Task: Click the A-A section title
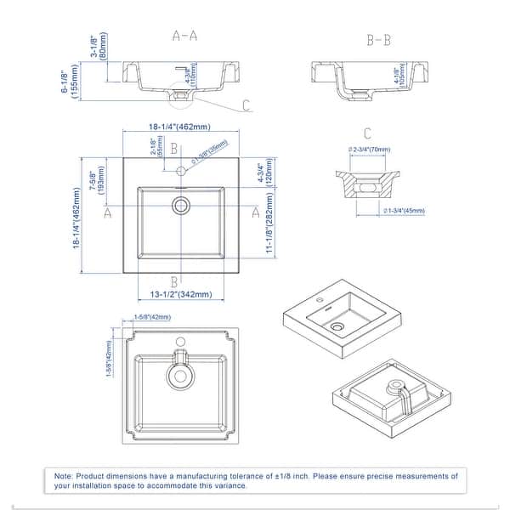(x=185, y=37)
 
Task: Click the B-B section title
(x=378, y=39)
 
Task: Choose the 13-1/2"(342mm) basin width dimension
(x=180, y=295)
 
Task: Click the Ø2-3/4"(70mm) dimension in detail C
(x=369, y=150)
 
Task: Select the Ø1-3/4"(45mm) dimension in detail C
(x=404, y=210)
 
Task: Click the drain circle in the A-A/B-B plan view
(x=181, y=205)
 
